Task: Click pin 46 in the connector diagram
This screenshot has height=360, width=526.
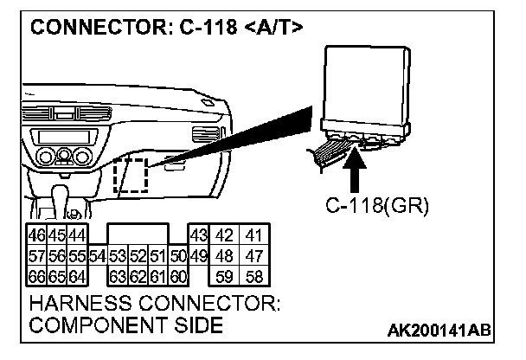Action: click(36, 236)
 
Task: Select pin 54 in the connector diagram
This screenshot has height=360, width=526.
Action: click(97, 256)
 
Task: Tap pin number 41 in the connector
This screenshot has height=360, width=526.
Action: click(253, 236)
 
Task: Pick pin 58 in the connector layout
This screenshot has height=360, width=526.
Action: click(253, 277)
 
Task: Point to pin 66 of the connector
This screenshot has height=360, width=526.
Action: click(36, 277)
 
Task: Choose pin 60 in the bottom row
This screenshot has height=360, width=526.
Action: click(177, 277)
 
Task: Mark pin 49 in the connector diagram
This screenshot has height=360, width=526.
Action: click(197, 256)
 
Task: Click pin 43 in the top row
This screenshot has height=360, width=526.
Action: click(197, 236)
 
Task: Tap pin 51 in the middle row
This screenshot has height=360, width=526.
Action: click(157, 256)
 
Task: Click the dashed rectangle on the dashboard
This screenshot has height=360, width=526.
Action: click(131, 176)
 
